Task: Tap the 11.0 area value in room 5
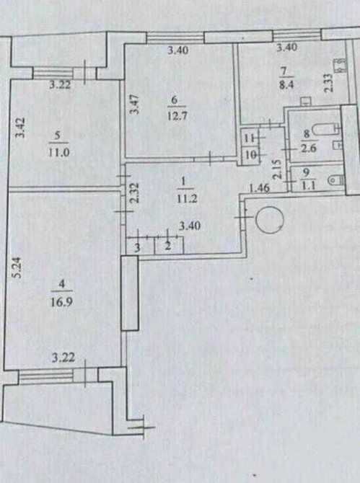click(59, 153)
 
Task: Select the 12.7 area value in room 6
click(177, 116)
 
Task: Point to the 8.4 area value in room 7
click(286, 85)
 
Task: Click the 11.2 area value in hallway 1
click(187, 199)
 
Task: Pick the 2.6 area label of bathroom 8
click(309, 149)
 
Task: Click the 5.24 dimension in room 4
click(18, 267)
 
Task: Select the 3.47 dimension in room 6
click(135, 104)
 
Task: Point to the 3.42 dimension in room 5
click(21, 128)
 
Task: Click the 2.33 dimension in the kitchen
click(328, 83)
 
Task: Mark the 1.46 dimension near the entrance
click(260, 187)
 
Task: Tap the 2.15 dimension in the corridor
click(278, 169)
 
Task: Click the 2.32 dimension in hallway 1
click(134, 192)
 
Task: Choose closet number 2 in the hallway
click(169, 246)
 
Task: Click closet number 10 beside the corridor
click(250, 155)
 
